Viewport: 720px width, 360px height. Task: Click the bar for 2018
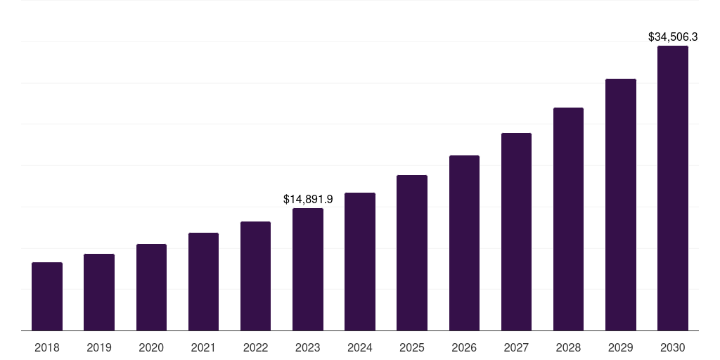[47, 296]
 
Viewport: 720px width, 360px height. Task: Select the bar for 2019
[99, 292]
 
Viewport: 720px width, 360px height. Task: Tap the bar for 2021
[203, 281]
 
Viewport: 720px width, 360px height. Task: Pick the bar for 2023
[308, 269]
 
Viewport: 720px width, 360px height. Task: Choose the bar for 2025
[412, 252]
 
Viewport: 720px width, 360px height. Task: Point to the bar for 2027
[516, 231]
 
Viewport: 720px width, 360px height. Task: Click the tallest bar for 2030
[673, 188]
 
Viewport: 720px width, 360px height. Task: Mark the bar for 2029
[621, 205]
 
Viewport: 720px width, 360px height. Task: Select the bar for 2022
[255, 276]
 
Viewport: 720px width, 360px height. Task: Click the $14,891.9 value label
[308, 200]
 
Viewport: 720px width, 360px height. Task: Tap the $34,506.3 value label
[673, 37]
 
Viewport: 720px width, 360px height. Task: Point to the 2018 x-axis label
[47, 347]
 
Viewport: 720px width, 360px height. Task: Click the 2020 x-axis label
[151, 347]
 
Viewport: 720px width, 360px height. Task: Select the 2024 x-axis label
[360, 347]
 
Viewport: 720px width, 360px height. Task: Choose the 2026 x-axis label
[464, 347]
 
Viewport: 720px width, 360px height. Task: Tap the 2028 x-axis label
[568, 347]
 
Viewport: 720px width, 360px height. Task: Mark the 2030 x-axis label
[673, 347]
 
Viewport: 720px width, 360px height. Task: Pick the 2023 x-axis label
[308, 347]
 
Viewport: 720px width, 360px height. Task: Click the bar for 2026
[464, 243]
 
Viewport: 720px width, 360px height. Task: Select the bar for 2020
[151, 287]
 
